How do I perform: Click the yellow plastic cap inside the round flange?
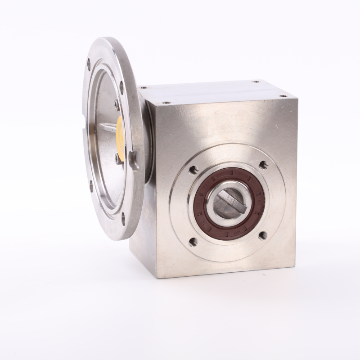(x=121, y=130)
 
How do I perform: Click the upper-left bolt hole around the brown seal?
(x=193, y=171)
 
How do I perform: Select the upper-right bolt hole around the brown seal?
(x=264, y=164)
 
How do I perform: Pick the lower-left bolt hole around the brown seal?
(x=193, y=242)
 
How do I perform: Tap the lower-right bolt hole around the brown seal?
(x=262, y=235)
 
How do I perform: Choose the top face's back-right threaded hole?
(x=256, y=82)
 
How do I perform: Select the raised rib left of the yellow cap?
(x=106, y=129)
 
